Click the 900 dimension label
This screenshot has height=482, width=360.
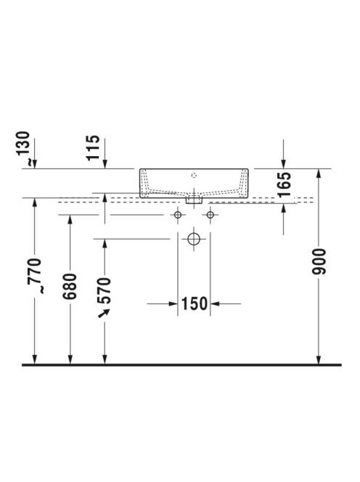coord(319,261)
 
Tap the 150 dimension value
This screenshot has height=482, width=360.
coord(195,303)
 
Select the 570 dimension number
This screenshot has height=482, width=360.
coord(104,290)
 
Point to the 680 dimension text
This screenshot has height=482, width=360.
coord(70,286)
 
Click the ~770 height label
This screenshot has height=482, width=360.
coord(34,276)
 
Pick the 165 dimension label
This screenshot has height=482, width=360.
coord(284,184)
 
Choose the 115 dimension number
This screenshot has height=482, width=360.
coord(93,147)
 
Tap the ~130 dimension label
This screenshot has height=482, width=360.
coord(24,148)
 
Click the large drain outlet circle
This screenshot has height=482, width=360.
coord(194,239)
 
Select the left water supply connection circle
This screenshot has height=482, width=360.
coord(178,215)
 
